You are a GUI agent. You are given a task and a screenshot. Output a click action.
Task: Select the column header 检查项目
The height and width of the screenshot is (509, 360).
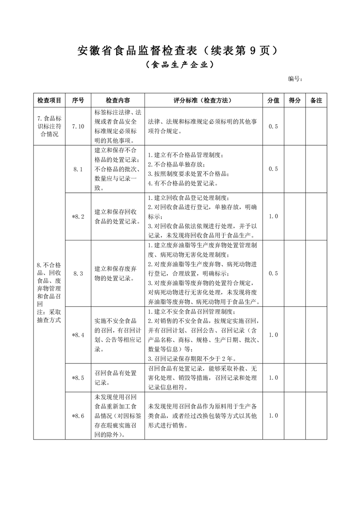coord(49,100)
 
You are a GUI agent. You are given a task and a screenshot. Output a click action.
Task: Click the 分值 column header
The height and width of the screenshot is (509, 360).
coord(273,100)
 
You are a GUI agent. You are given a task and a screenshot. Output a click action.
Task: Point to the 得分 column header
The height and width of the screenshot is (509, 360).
coord(295,100)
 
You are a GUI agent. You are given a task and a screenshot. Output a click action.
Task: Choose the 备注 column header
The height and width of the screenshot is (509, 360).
coord(316,100)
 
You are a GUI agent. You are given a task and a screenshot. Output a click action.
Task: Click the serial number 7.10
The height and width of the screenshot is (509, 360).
coord(78,127)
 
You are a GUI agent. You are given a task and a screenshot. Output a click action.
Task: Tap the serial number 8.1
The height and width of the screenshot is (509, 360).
coord(78,169)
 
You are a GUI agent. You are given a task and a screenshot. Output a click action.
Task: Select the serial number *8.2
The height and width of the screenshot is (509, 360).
coord(78,216)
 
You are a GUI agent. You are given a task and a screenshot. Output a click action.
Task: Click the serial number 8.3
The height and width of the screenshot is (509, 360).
coord(78,273)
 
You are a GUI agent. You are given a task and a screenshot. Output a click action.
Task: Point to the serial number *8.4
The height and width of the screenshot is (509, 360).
coord(78,335)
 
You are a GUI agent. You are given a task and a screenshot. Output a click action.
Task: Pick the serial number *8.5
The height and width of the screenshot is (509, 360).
coord(78,377)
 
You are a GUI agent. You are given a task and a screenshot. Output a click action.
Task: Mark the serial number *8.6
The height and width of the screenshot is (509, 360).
coord(78,416)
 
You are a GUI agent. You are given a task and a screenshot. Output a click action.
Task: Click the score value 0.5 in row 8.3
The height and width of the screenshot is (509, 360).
coord(273,273)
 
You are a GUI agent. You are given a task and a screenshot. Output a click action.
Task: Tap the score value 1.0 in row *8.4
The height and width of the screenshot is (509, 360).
coord(273,335)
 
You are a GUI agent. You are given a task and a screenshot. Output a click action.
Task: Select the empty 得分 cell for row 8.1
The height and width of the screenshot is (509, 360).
coord(295,169)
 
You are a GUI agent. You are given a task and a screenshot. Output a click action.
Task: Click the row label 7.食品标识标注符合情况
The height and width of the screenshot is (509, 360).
coord(49,127)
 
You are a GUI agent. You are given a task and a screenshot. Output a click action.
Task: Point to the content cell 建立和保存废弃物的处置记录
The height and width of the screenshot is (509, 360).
coord(118,273)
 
